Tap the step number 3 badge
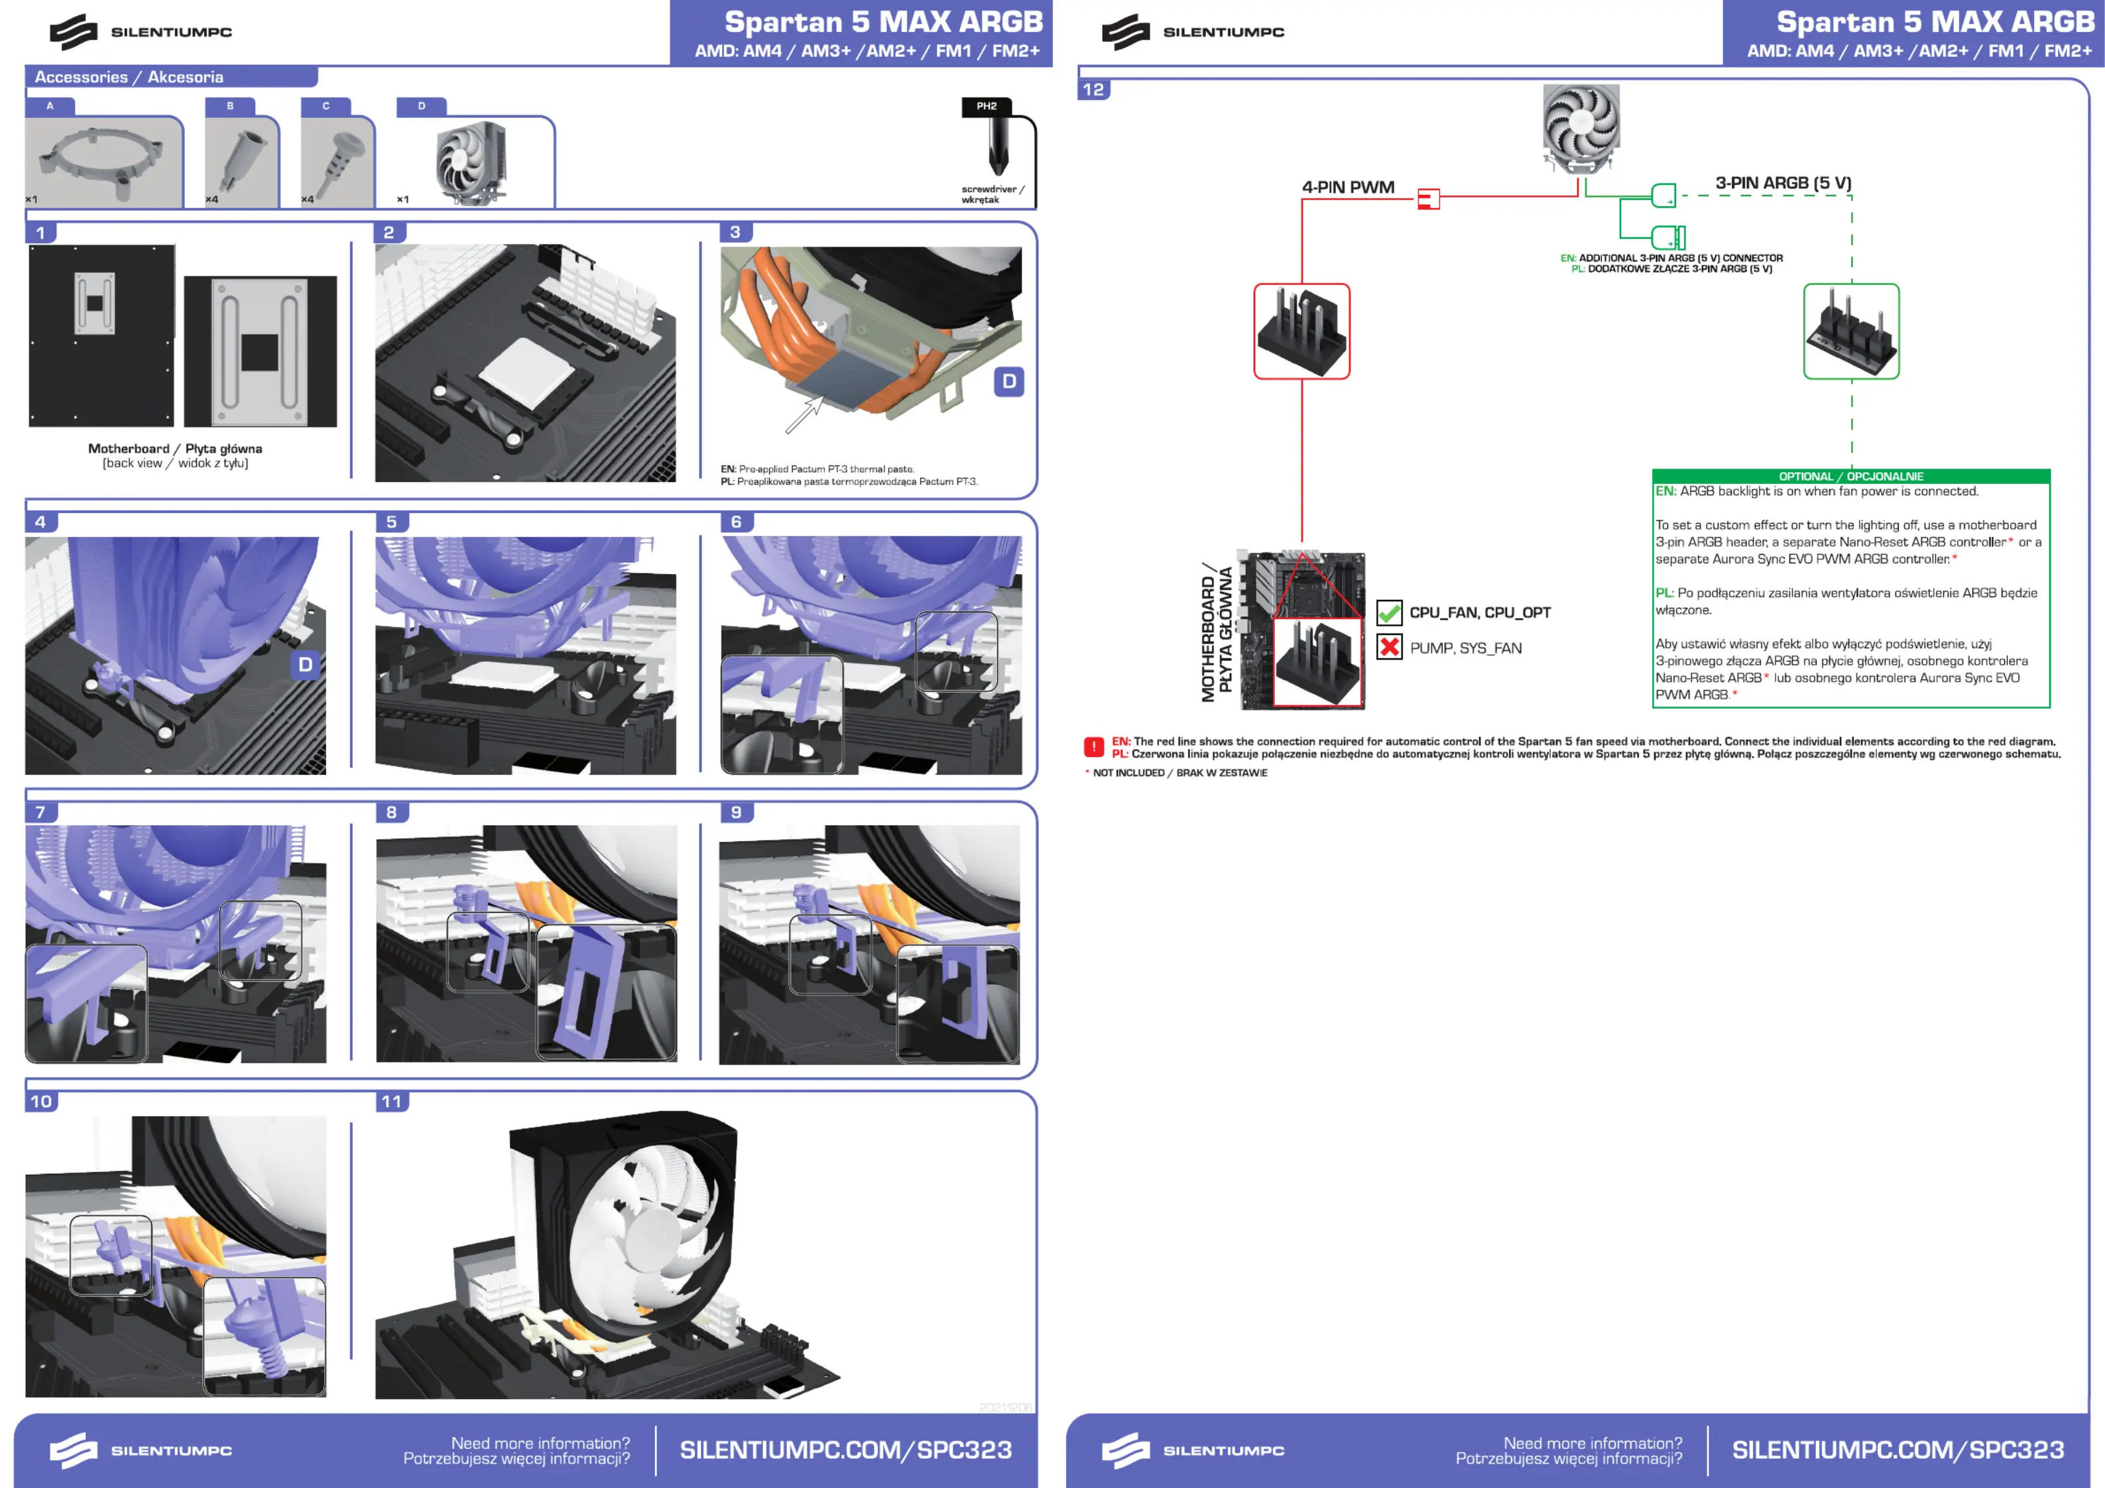click(735, 232)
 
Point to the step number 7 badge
click(40, 813)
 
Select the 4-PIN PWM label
click(1348, 187)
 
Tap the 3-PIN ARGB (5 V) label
click(1783, 184)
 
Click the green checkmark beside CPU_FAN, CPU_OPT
click(1390, 612)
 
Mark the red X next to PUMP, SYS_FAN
click(1390, 648)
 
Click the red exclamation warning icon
click(1094, 747)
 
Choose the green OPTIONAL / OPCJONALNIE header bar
click(1851, 476)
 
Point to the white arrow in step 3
click(805, 414)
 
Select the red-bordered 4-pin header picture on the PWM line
click(1302, 331)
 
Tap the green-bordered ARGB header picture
click(1851, 331)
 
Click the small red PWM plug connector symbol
click(1428, 199)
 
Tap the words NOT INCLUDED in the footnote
click(1128, 773)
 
